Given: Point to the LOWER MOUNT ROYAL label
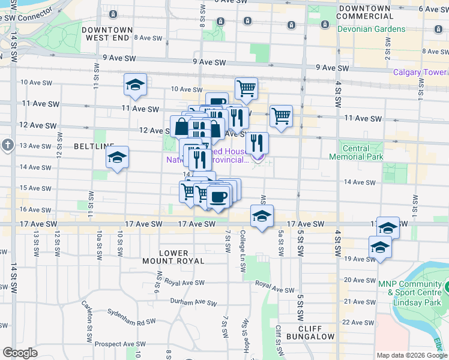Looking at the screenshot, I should [173, 257].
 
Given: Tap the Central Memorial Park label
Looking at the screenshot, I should [355, 152].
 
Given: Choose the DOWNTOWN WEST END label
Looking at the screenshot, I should [107, 34].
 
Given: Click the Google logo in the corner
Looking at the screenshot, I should [20, 353].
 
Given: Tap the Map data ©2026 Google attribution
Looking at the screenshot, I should [412, 355].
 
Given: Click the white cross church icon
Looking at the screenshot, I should [7, 145].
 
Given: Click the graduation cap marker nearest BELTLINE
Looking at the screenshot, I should [117, 158].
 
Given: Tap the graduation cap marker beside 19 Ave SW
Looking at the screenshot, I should [380, 247].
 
